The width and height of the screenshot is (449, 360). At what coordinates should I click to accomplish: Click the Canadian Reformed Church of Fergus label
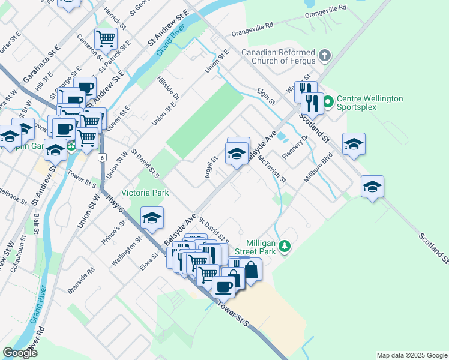point(278,56)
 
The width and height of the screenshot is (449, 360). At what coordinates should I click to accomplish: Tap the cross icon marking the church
point(325,56)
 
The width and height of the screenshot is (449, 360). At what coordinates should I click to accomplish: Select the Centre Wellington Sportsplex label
point(369,103)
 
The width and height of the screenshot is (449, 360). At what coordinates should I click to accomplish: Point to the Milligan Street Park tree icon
point(286,246)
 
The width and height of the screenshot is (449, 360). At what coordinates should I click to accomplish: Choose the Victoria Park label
point(145,193)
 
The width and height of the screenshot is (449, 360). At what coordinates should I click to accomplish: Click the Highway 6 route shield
point(103,157)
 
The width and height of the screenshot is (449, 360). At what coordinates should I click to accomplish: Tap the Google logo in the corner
point(20,353)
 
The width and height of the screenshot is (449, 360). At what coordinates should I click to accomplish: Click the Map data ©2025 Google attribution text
point(411,355)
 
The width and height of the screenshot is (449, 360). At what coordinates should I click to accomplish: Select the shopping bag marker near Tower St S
point(251,270)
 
